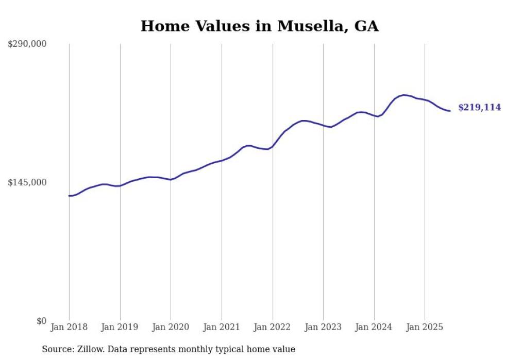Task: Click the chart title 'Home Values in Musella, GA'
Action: click(x=259, y=26)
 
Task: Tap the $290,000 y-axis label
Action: click(x=27, y=44)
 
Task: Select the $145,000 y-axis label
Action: click(x=27, y=182)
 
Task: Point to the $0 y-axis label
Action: click(x=41, y=321)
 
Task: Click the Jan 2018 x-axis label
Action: click(x=69, y=327)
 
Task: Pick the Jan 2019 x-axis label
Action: click(x=120, y=327)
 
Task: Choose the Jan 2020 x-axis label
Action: click(x=171, y=327)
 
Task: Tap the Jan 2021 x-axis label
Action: click(x=222, y=327)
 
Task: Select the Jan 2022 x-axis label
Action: click(x=272, y=327)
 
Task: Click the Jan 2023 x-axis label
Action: click(x=323, y=327)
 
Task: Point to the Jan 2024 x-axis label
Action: click(x=374, y=327)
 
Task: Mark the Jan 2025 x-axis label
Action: click(x=425, y=327)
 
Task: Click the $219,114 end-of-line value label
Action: click(x=479, y=108)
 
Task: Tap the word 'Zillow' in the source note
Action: click(x=89, y=349)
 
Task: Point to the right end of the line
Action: click(x=450, y=111)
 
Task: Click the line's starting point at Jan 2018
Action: click(x=69, y=196)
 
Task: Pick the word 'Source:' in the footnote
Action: click(x=56, y=349)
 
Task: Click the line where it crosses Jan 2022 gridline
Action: click(x=272, y=146)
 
